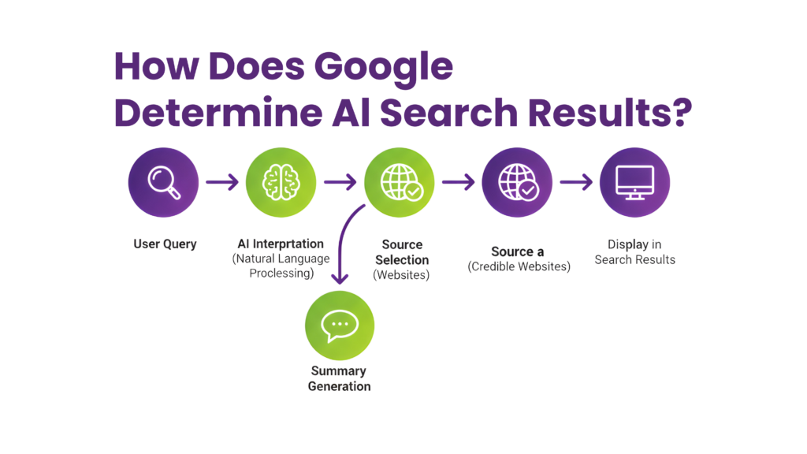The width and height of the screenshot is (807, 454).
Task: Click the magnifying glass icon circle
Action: (163, 182)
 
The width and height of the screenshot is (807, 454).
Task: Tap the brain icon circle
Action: (281, 182)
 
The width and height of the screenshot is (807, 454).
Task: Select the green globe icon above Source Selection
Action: (399, 182)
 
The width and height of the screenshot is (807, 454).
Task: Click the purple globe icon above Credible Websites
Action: (517, 182)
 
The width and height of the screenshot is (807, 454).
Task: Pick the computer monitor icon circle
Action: (634, 182)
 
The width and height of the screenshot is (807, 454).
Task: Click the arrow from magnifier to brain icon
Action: (221, 183)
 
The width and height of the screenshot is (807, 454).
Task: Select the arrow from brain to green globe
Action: (340, 183)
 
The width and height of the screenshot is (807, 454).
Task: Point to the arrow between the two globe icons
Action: (458, 183)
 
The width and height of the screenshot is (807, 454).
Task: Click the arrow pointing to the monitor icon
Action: (576, 183)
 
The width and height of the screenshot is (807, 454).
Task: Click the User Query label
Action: (165, 244)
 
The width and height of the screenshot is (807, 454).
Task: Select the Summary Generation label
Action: (340, 378)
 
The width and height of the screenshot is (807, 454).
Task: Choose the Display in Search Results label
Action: (635, 251)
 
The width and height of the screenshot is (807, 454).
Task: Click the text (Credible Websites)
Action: (519, 266)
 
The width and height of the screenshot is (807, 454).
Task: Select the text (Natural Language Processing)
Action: (281, 266)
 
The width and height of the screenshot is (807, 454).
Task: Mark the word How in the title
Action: (152, 68)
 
